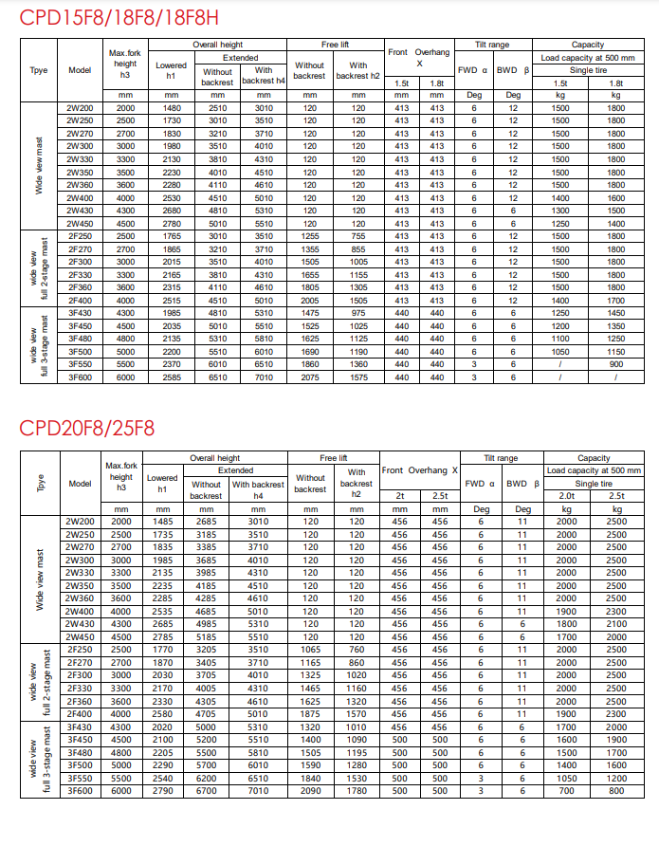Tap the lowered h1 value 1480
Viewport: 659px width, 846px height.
click(172, 108)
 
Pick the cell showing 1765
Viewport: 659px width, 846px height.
click(172, 235)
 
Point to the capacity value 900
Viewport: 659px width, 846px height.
click(616, 364)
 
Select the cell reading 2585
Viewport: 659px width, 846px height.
click(172, 377)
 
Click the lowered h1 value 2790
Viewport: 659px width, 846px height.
click(162, 790)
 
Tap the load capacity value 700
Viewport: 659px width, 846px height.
click(566, 790)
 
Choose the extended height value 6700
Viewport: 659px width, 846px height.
click(206, 790)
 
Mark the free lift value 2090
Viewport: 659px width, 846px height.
click(310, 790)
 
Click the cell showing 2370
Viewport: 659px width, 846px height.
click(172, 364)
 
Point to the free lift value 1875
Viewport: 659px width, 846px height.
click(310, 713)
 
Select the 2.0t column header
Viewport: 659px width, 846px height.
click(566, 495)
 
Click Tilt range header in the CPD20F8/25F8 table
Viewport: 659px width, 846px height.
click(501, 458)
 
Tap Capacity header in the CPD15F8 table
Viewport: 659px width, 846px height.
click(588, 45)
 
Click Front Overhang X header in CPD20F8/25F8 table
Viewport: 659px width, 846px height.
click(419, 470)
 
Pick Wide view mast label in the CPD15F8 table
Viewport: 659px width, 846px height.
click(40, 165)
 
